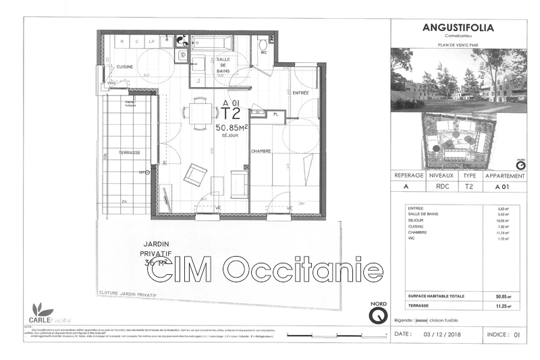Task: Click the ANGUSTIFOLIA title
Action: coord(458,28)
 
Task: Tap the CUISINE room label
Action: coord(124,66)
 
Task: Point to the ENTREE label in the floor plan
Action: coord(300,92)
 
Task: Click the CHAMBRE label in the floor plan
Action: coord(262,151)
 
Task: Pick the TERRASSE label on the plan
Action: coord(129,153)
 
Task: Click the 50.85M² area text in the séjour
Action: coord(231,126)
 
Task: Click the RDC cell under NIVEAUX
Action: coord(439,186)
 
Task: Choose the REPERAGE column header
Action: coord(410,174)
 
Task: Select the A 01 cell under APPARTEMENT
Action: coord(502,186)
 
